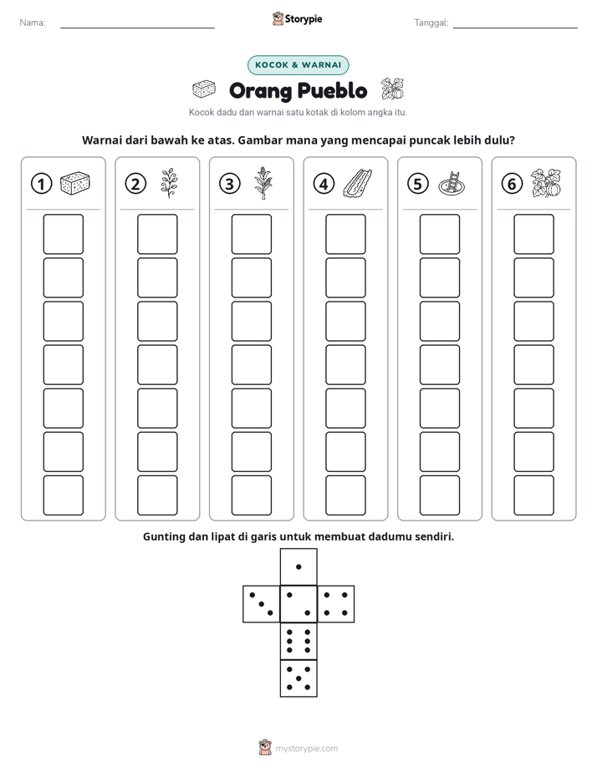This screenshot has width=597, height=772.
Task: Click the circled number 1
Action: click(x=41, y=184)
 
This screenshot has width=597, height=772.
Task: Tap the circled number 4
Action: click(x=324, y=184)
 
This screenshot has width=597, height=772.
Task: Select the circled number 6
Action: click(x=512, y=184)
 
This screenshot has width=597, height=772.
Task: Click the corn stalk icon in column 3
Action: click(x=263, y=183)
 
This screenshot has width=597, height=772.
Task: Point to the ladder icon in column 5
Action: click(x=452, y=183)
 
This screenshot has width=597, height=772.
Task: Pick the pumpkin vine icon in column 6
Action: click(x=546, y=183)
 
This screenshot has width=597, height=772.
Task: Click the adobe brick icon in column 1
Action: click(x=75, y=183)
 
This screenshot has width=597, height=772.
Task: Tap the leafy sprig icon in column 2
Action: click(x=169, y=183)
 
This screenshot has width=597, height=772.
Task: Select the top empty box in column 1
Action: click(x=63, y=234)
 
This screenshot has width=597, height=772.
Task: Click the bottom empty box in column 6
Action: click(x=533, y=495)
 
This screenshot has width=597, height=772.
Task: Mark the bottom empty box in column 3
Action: click(x=251, y=495)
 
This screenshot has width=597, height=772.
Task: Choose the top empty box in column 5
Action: click(x=439, y=234)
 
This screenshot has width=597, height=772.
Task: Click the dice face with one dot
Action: click(x=298, y=566)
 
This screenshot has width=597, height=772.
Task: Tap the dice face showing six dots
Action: click(x=298, y=641)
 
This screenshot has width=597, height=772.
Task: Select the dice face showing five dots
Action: click(x=298, y=678)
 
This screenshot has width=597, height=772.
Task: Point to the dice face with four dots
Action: click(x=336, y=604)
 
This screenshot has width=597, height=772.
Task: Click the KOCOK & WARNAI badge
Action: click(x=298, y=65)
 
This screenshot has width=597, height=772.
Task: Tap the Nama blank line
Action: click(x=137, y=28)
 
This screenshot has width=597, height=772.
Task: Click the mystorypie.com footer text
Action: click(x=306, y=749)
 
